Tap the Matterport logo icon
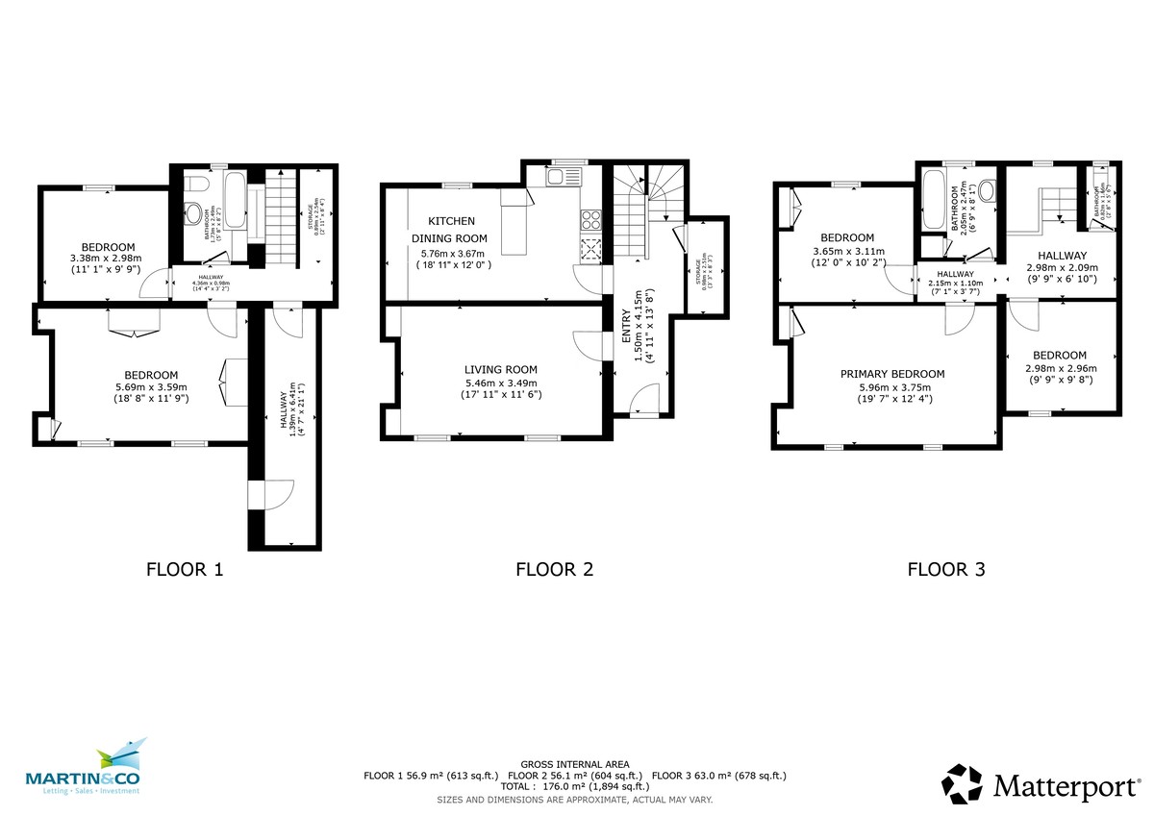coord(962,783)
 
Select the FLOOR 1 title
coord(185,569)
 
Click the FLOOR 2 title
coord(555,569)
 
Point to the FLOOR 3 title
coord(946,569)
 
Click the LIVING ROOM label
coord(500,369)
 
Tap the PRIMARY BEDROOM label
coord(891,374)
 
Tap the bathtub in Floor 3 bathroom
coord(932,199)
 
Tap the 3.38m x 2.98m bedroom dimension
coord(106,258)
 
